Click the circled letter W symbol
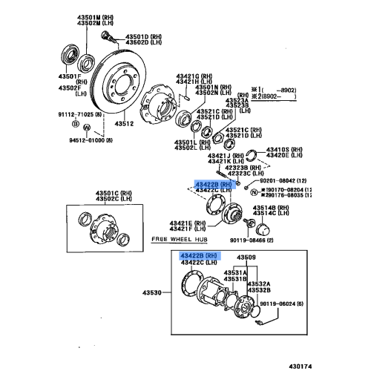(x=87, y=128)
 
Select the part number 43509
(x=246, y=257)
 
